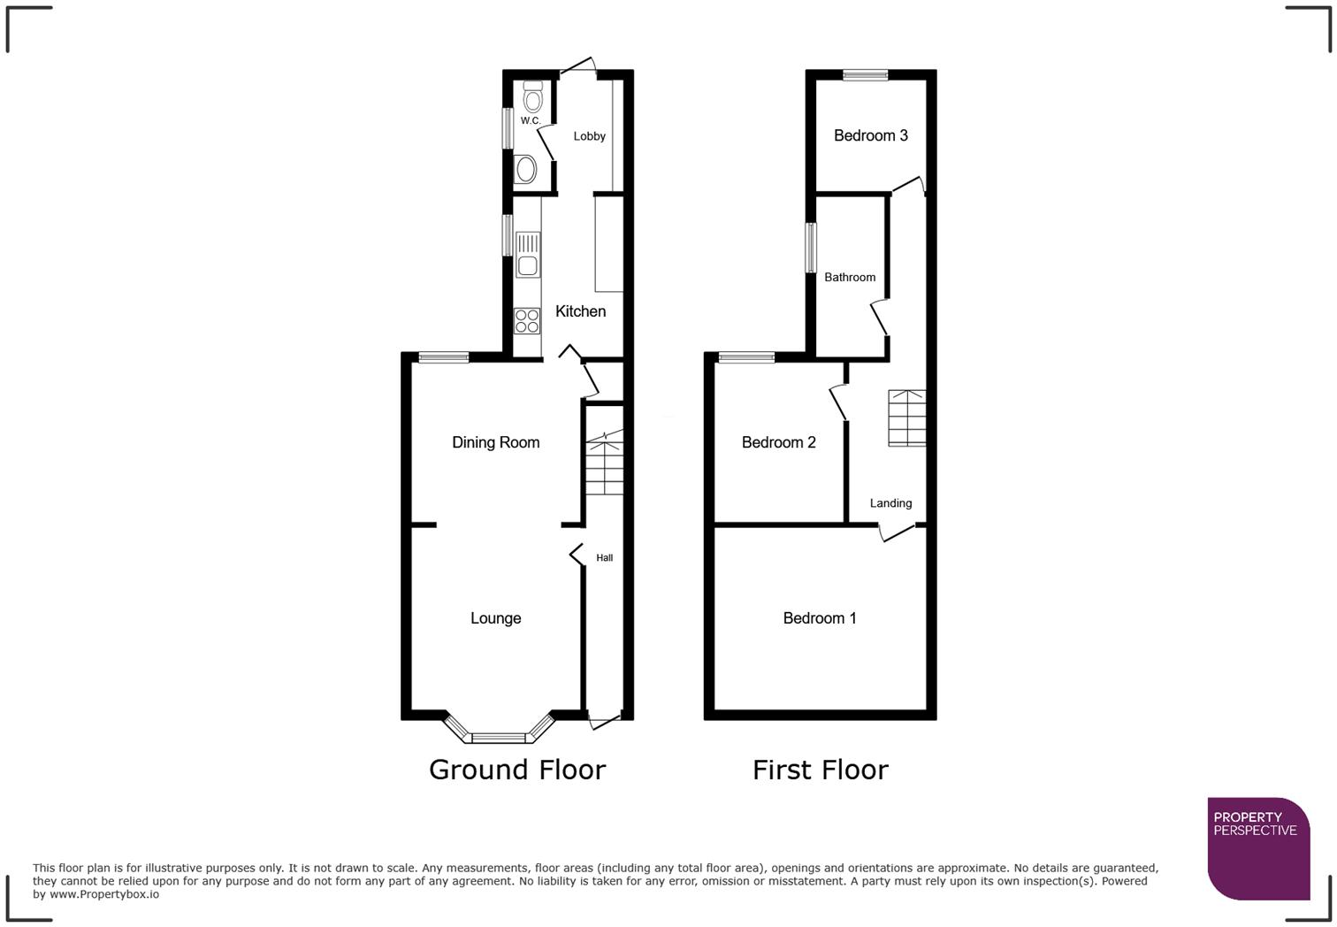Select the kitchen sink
[528, 254]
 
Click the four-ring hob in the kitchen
[527, 321]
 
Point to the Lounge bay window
[499, 735]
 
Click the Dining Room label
[495, 442]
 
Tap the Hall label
[604, 558]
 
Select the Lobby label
[589, 136]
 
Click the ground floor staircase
[604, 463]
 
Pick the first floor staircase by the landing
[906, 418]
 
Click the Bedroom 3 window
[865, 75]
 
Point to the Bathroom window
[810, 248]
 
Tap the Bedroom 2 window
[746, 357]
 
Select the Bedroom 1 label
[819, 618]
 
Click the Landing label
[890, 503]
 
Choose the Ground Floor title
[516, 770]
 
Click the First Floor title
[820, 770]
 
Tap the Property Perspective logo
[1257, 848]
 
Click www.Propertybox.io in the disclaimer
[104, 894]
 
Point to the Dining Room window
[443, 357]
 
